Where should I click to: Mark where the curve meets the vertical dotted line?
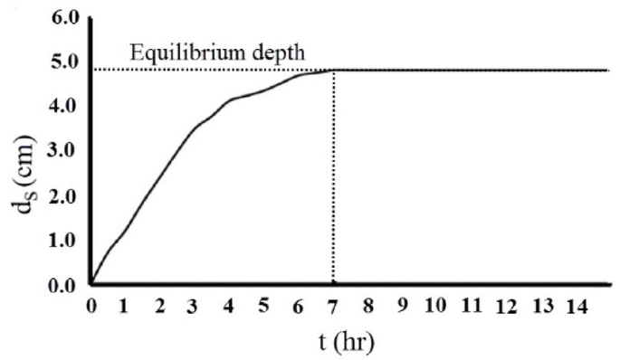(x=334, y=71)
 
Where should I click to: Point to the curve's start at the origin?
(x=91, y=284)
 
